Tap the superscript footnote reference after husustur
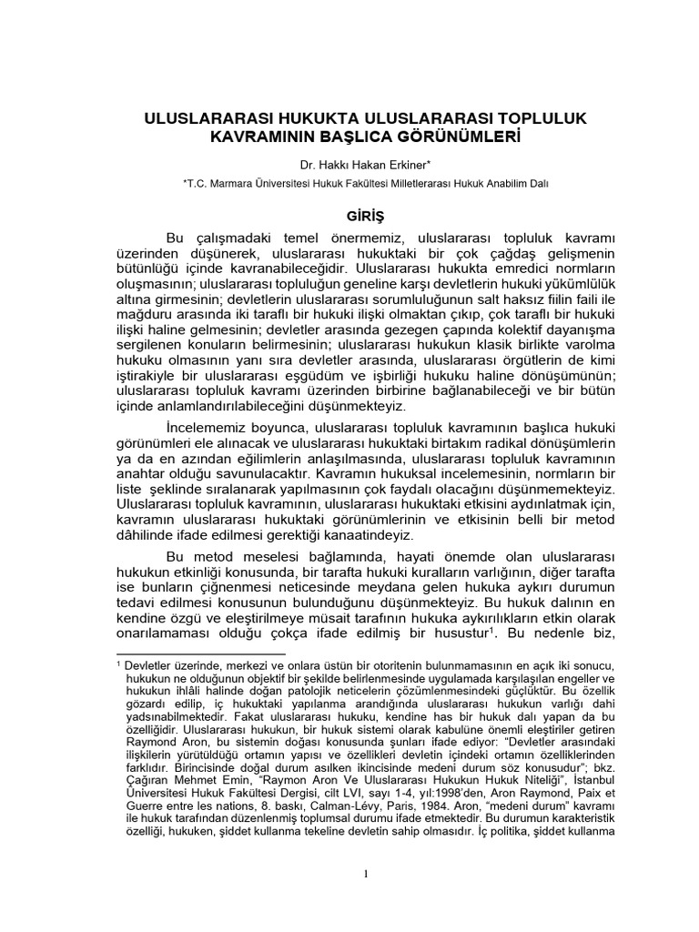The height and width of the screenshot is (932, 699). [x=492, y=630]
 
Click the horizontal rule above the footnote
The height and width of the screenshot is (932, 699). [x=201, y=653]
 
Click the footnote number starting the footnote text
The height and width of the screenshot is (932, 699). [x=119, y=664]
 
